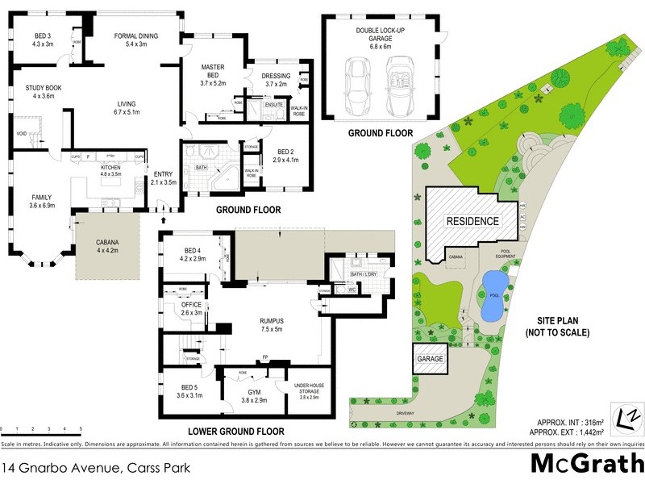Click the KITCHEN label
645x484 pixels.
point(110,169)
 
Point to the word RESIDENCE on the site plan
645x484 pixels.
point(472,221)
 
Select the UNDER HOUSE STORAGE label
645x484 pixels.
point(310,390)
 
